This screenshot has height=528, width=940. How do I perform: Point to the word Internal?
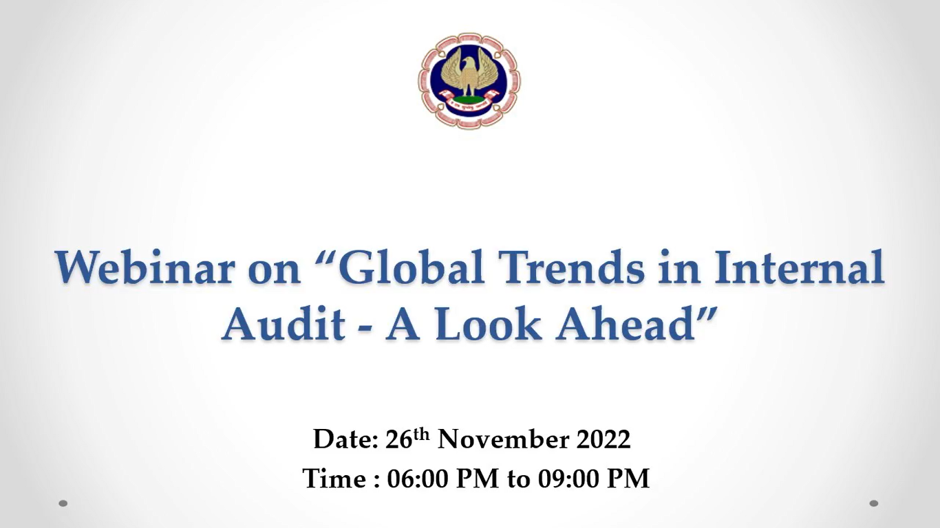[x=799, y=267]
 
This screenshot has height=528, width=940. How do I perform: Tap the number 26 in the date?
[x=398, y=439]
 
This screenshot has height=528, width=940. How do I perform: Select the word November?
[x=504, y=439]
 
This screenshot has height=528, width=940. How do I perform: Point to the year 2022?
[x=603, y=439]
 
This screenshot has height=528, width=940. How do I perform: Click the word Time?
[x=334, y=478]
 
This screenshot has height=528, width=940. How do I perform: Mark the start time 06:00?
[x=418, y=478]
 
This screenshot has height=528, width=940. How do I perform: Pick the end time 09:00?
[x=568, y=478]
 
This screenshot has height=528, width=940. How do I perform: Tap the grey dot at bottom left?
[x=63, y=503]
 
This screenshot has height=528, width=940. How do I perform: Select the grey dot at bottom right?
[x=874, y=503]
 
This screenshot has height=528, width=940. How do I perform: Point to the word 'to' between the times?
[x=519, y=479]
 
